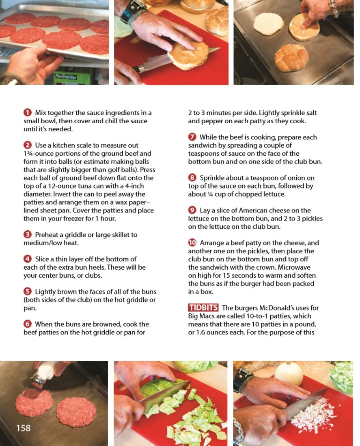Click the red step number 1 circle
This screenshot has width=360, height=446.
click(27, 113)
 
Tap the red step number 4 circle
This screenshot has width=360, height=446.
click(27, 259)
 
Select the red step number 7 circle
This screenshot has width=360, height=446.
click(192, 137)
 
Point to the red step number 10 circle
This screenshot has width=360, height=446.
click(192, 242)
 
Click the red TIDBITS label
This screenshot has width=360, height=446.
click(203, 307)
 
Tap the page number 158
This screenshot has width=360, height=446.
click(24, 428)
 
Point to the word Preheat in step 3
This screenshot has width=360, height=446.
click(47, 235)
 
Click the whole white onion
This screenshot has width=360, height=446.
click(289, 374)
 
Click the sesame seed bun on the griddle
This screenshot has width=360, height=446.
click(291, 58)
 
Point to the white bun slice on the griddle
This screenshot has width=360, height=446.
click(268, 24)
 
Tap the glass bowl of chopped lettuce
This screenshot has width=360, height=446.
click(342, 376)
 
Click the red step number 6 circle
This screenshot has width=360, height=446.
click(27, 324)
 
